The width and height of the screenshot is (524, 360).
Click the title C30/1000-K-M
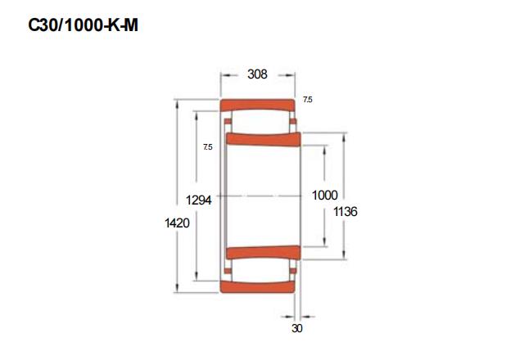click(x=83, y=25)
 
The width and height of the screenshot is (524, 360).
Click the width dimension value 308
click(x=257, y=74)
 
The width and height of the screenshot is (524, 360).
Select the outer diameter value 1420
click(x=177, y=223)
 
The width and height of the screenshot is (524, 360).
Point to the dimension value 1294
click(x=199, y=200)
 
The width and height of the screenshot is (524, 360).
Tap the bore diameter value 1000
click(x=324, y=196)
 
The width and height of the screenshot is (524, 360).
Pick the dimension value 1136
click(x=346, y=211)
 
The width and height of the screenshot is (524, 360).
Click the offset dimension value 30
click(x=296, y=328)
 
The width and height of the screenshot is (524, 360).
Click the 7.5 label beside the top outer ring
click(x=308, y=100)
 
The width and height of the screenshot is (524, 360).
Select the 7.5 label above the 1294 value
click(x=207, y=147)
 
